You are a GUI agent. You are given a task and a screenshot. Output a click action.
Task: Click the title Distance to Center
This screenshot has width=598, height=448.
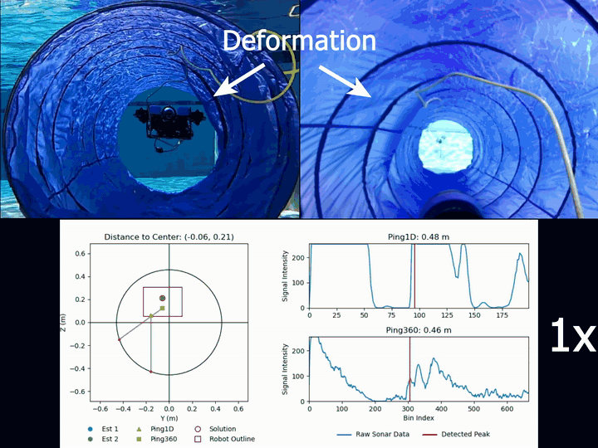point(169,236)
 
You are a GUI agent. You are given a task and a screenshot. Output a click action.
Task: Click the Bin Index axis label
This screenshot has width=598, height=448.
point(419,418)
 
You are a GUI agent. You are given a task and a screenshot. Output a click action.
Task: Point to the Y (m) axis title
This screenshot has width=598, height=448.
point(169,418)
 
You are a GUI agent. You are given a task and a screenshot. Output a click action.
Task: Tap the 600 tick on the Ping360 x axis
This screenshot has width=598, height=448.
point(505,407)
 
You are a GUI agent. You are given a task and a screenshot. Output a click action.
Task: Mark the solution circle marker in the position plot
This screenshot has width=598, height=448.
point(163,298)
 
